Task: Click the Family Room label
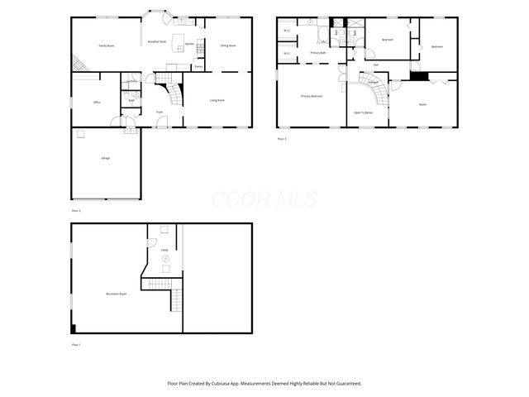coord(107,45)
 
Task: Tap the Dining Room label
coord(228,45)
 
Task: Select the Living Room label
coord(218,100)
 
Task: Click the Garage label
coord(106,157)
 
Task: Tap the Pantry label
coord(198,66)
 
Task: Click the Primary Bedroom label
coord(311,96)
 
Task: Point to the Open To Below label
coord(362,111)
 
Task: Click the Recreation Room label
coord(117,294)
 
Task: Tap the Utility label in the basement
coord(164,249)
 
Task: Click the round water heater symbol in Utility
coord(164,260)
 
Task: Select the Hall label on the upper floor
coord(376,65)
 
